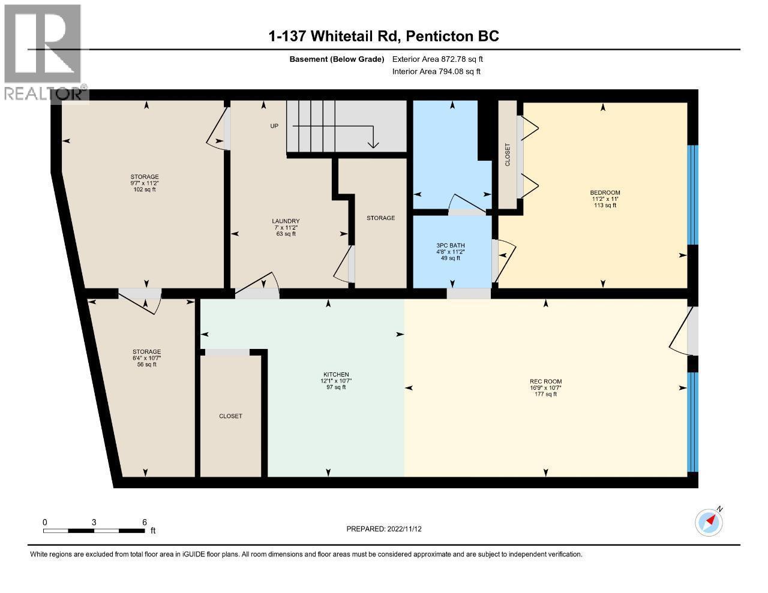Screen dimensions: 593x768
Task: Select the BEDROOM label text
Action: click(x=605, y=192)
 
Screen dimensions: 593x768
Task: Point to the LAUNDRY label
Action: click(x=286, y=221)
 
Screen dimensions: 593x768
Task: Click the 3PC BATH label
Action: click(x=451, y=245)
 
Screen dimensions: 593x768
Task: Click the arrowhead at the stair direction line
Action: click(x=373, y=145)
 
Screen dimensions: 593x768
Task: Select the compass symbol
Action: click(x=709, y=522)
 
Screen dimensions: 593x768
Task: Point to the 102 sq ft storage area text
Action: click(x=145, y=189)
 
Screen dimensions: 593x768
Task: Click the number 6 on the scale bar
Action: click(x=145, y=522)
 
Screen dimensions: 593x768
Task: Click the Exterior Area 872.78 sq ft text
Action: click(x=437, y=59)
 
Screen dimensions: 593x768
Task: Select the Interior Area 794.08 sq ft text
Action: click(x=436, y=71)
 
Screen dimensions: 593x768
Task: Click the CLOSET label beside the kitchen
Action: click(x=230, y=416)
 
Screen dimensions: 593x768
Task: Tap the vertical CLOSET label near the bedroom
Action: click(x=508, y=155)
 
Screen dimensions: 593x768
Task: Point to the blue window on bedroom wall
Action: click(x=692, y=194)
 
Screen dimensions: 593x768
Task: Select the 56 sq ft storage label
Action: click(x=146, y=364)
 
